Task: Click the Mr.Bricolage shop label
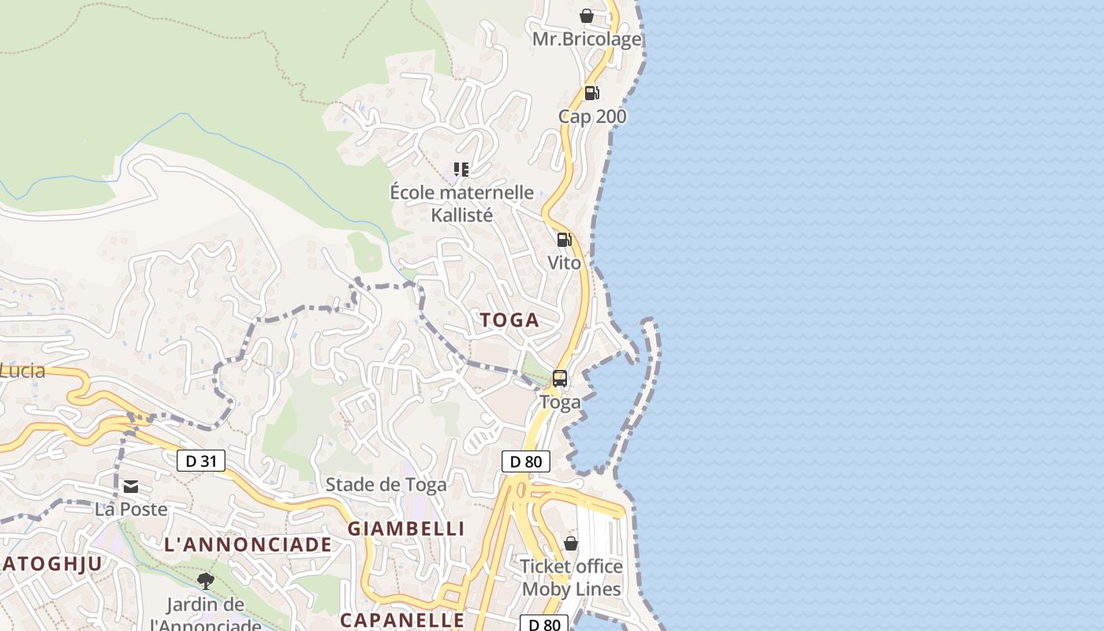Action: click(x=587, y=39)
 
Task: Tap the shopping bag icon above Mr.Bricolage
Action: click(x=587, y=16)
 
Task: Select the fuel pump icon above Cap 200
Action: click(x=591, y=93)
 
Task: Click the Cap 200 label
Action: click(x=592, y=117)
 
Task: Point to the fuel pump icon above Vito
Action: click(x=564, y=240)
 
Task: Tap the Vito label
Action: click(x=564, y=263)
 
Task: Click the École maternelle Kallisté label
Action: click(x=462, y=203)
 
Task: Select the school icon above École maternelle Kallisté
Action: click(x=461, y=170)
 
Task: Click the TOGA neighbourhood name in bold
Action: click(x=509, y=320)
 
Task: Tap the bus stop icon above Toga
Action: click(x=560, y=379)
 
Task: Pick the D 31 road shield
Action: click(x=201, y=461)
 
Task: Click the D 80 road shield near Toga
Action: click(x=526, y=461)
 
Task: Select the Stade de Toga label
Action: click(x=386, y=484)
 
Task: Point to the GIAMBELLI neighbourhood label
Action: click(x=406, y=528)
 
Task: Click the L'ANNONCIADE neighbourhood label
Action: click(x=248, y=544)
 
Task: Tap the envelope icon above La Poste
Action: click(x=131, y=487)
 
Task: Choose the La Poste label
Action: click(x=131, y=510)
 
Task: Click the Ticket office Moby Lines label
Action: click(x=572, y=578)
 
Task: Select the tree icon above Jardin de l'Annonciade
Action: click(x=206, y=582)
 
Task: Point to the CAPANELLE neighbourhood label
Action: click(x=401, y=620)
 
